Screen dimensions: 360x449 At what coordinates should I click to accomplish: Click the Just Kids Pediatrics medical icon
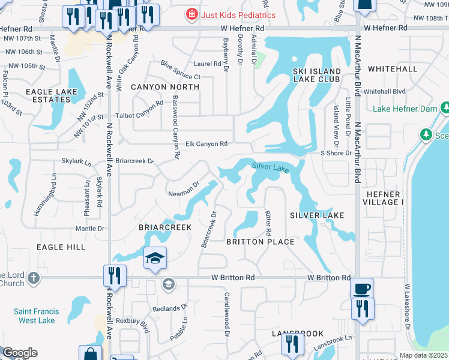(x=191, y=14)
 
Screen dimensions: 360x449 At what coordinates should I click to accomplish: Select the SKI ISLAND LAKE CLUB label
(x=316, y=75)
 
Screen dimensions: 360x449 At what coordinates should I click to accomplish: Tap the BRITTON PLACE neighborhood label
(x=260, y=242)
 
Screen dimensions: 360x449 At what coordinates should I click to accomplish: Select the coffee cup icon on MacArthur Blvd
(x=362, y=289)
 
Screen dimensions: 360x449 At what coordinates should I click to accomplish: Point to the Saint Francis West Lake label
(x=34, y=316)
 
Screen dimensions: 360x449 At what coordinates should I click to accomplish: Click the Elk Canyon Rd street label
(x=206, y=144)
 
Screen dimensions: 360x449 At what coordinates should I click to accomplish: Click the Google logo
(x=20, y=353)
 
